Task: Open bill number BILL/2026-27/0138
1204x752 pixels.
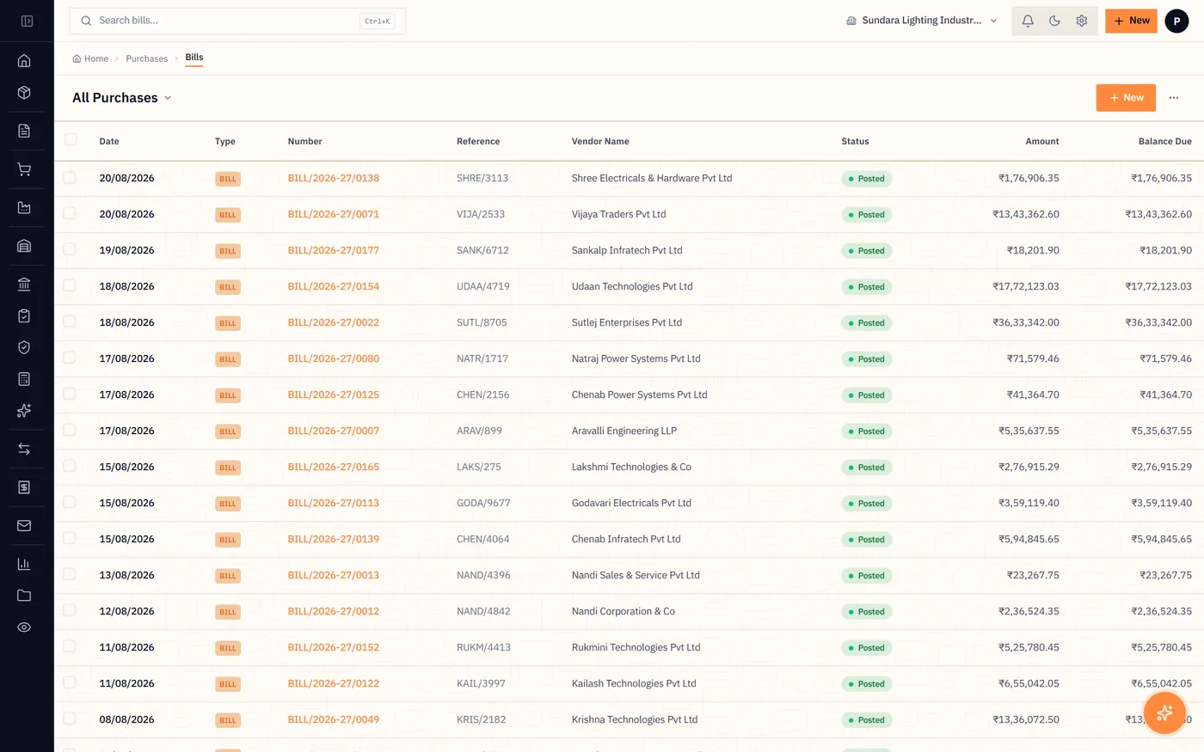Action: (334, 179)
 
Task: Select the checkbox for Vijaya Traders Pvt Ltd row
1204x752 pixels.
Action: (70, 213)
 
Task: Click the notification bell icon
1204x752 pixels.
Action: (1028, 21)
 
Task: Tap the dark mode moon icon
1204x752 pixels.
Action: (1054, 21)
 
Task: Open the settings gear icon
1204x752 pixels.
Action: (1082, 21)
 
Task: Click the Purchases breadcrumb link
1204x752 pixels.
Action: (147, 58)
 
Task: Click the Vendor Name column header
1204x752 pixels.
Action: (600, 141)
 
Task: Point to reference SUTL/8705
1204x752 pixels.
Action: (482, 322)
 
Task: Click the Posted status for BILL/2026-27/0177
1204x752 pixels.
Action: (867, 251)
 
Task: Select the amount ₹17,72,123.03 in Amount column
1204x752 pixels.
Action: (1025, 286)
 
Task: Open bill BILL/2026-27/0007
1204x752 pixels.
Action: (334, 431)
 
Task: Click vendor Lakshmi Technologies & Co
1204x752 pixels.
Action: (631, 467)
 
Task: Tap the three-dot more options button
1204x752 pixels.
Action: (1174, 98)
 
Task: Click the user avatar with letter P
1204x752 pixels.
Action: (1176, 21)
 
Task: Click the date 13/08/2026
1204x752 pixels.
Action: (127, 575)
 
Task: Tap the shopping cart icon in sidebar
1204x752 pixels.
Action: (24, 169)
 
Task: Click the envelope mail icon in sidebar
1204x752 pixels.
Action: (24, 525)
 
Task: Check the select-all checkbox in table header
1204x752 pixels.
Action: (71, 139)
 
